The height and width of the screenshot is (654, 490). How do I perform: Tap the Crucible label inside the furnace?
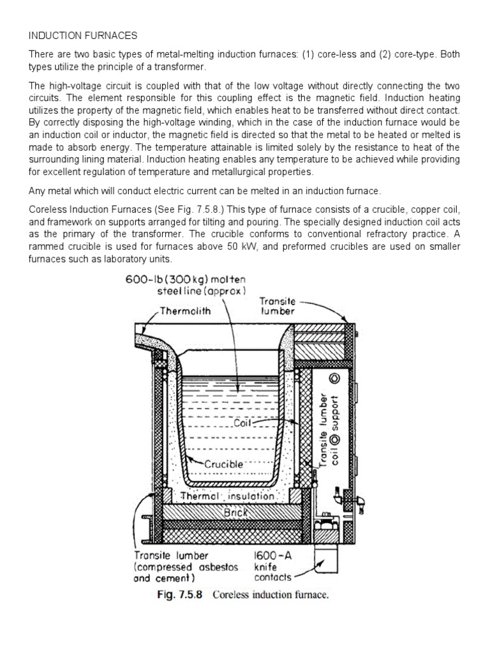223,464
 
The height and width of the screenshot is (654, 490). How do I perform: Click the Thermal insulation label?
227,496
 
